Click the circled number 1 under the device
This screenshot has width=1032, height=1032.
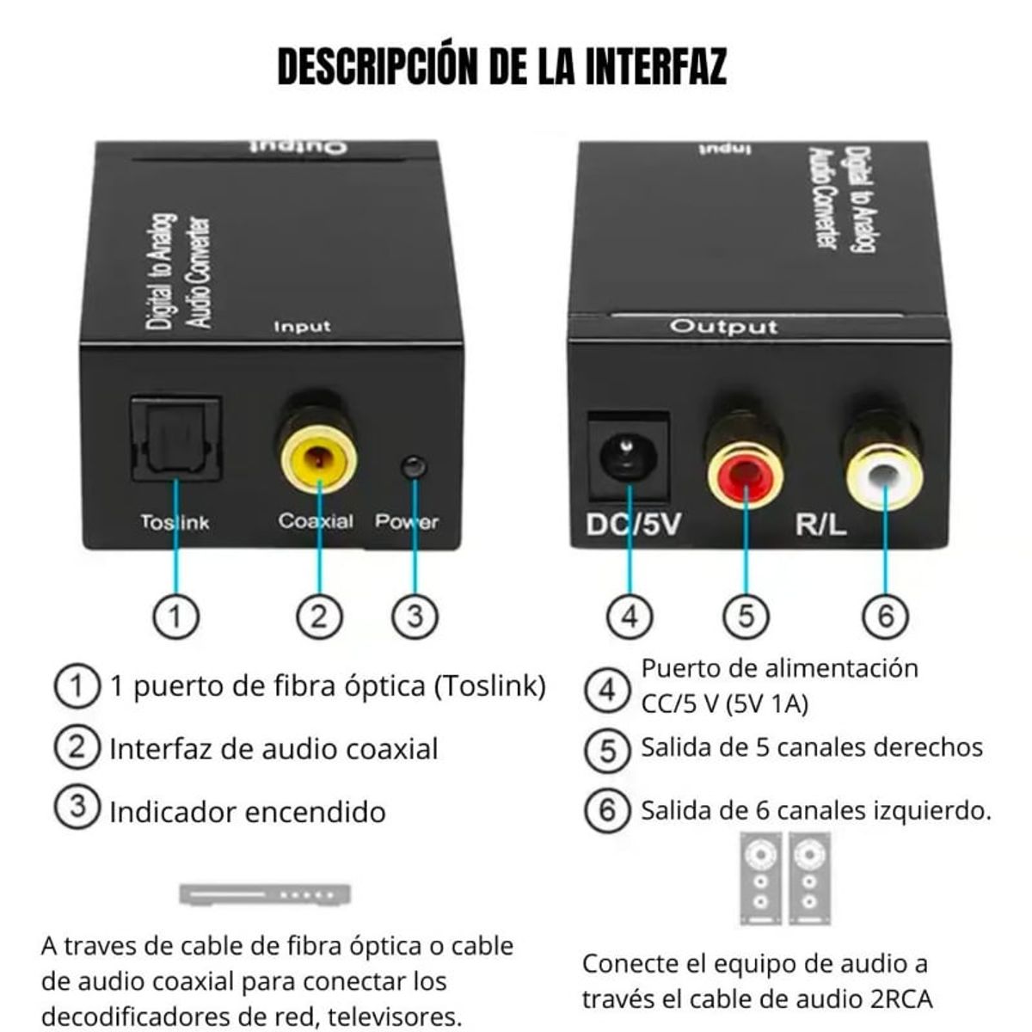pyautogui.click(x=175, y=616)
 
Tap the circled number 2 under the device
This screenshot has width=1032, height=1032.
pyautogui.click(x=319, y=616)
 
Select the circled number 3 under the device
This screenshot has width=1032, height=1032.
pyautogui.click(x=415, y=616)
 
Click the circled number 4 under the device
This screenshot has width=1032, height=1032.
pyautogui.click(x=630, y=616)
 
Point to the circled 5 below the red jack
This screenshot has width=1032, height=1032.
pyautogui.click(x=746, y=616)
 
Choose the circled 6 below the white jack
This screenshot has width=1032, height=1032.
pyautogui.click(x=886, y=616)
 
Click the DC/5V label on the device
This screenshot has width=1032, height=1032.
pyautogui.click(x=633, y=524)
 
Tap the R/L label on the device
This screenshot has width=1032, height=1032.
pyautogui.click(x=820, y=524)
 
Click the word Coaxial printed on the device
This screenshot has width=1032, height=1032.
pyautogui.click(x=316, y=521)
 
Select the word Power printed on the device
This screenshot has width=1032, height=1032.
pyautogui.click(x=406, y=521)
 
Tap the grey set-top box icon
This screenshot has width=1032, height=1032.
pyautogui.click(x=265, y=894)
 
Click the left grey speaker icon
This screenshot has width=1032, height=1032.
pyautogui.click(x=760, y=878)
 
